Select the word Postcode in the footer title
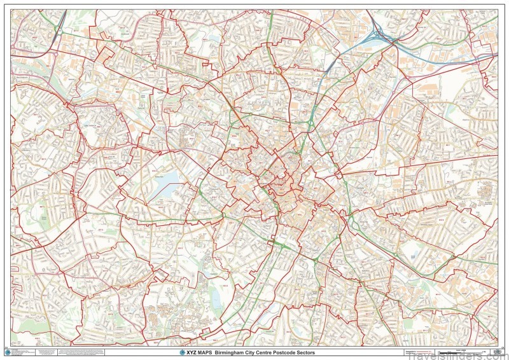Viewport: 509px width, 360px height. (x=286, y=352)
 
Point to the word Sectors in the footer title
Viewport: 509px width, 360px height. (x=305, y=352)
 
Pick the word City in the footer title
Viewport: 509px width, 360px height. (x=250, y=352)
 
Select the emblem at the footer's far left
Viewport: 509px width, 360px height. (x=6, y=352)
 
